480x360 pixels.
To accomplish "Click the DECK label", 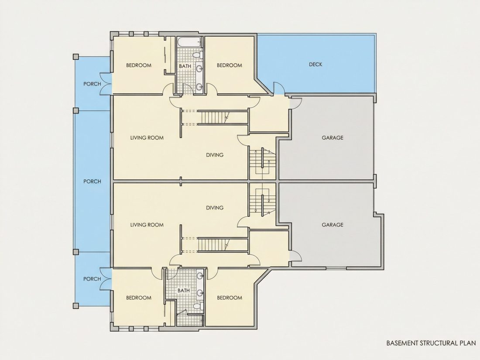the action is (x=315, y=65).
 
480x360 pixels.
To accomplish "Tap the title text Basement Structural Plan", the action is (x=431, y=343).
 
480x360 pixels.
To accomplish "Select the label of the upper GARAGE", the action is (x=333, y=138).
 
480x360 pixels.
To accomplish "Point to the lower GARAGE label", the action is (x=333, y=225).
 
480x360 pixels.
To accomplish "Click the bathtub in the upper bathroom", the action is (x=189, y=43).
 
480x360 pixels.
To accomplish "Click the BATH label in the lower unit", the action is (x=184, y=290).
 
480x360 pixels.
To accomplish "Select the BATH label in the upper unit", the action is (x=185, y=66).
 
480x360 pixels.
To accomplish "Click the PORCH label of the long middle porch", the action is (x=92, y=182).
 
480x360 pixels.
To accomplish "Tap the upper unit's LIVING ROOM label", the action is (x=147, y=138).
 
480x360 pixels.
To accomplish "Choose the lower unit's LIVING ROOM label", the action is (x=147, y=225).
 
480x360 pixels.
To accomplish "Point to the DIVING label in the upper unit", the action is (x=215, y=155).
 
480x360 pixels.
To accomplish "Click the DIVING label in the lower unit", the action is (x=215, y=208).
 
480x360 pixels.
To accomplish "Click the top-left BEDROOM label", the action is (x=139, y=65).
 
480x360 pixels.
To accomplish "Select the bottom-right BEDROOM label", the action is (x=229, y=298).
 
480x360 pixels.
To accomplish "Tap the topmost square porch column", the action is (x=75, y=57).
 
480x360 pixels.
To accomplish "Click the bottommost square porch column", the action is (x=75, y=305).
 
